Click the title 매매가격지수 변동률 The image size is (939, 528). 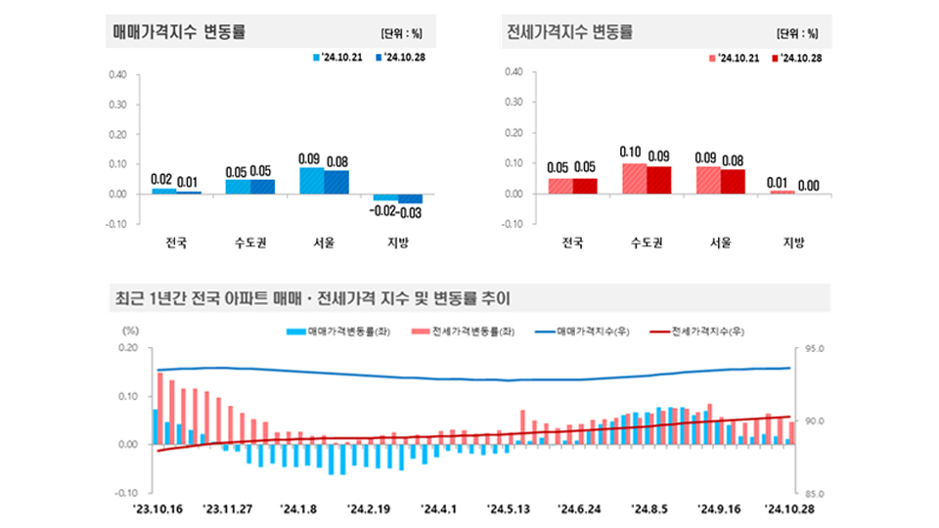pyautogui.click(x=180, y=31)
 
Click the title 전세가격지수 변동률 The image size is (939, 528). pyautogui.click(x=570, y=31)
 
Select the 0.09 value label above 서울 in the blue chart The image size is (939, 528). pyautogui.click(x=310, y=158)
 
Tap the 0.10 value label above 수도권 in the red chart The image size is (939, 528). pyautogui.click(x=632, y=153)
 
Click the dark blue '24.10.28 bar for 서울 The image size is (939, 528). pyautogui.click(x=335, y=182)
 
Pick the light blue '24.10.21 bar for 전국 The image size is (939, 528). pyautogui.click(x=163, y=191)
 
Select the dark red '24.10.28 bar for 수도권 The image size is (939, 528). pyautogui.click(x=658, y=180)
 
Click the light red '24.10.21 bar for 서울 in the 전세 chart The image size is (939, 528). pyautogui.click(x=707, y=180)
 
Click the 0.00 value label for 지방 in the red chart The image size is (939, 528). pyautogui.click(x=808, y=184)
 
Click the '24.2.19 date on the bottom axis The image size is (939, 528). pyautogui.click(x=369, y=508)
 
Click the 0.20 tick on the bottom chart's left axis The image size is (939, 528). pyautogui.click(x=128, y=348)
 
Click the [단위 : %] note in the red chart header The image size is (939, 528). pyautogui.click(x=797, y=32)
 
